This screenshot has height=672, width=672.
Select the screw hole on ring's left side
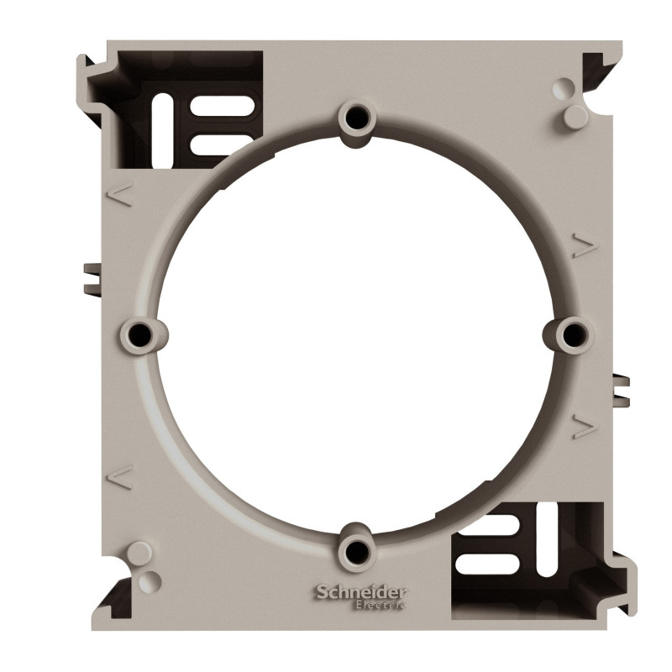tap(139, 333)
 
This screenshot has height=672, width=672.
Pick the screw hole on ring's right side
tap(574, 334)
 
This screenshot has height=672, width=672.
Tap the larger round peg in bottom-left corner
tap(139, 552)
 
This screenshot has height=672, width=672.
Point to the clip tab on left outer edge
tap(89, 278)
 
